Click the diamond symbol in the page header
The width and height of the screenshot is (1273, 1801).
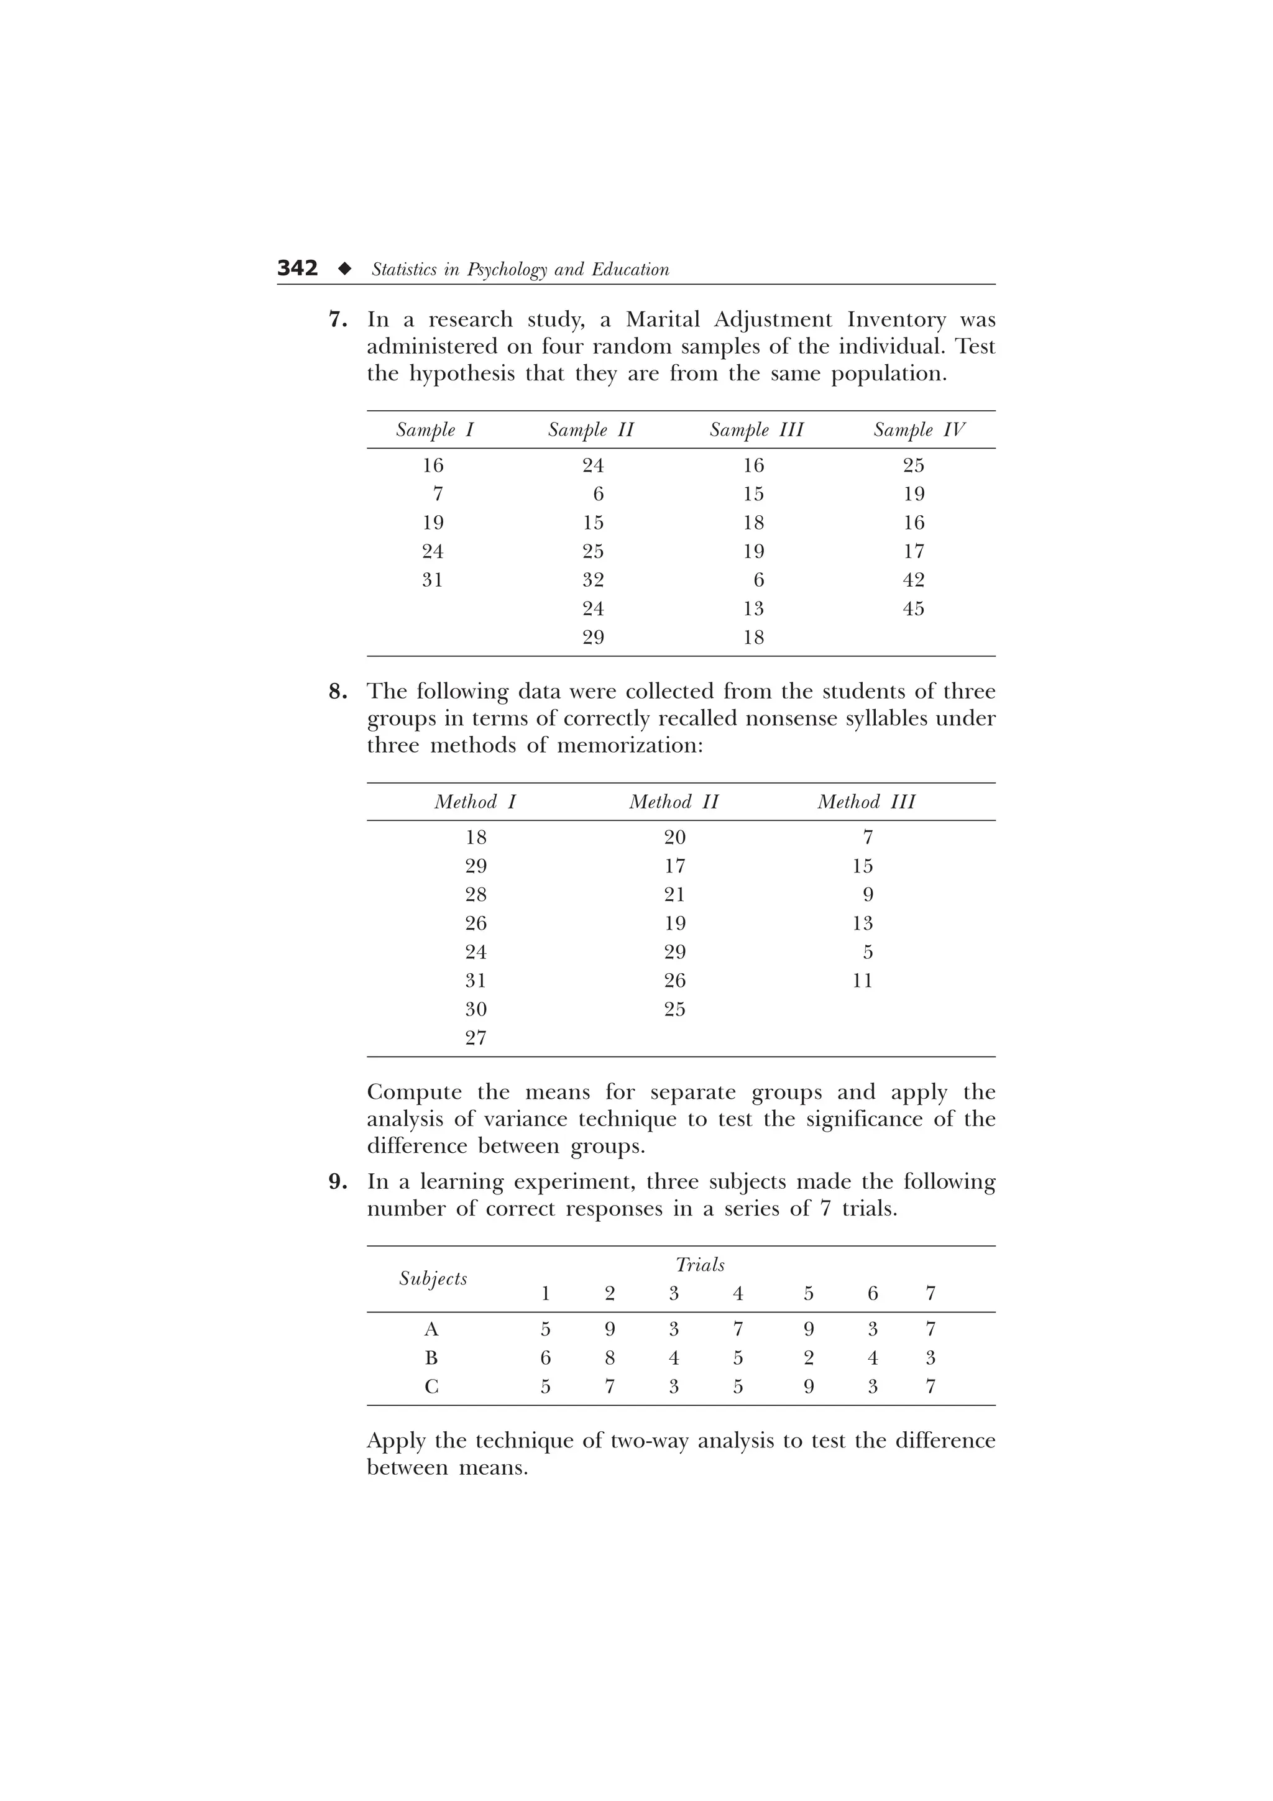click(x=344, y=269)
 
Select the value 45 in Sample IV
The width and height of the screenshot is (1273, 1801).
click(x=913, y=608)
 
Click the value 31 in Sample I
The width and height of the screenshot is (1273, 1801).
click(x=432, y=580)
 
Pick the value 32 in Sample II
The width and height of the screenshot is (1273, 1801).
click(x=593, y=580)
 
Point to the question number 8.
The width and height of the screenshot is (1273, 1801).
click(x=338, y=691)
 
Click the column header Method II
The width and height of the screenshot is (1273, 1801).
click(x=674, y=802)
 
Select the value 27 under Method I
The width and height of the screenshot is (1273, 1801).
click(x=476, y=1038)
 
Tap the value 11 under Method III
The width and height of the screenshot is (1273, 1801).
click(x=862, y=981)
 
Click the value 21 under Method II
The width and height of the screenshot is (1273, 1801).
click(x=674, y=895)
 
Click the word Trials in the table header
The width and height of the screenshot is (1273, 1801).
click(x=700, y=1265)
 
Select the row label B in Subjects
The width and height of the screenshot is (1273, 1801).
click(x=431, y=1359)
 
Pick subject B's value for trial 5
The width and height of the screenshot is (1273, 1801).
click(x=809, y=1359)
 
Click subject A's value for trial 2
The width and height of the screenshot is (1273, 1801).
click(x=609, y=1329)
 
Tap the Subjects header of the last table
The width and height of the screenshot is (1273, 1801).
click(x=433, y=1278)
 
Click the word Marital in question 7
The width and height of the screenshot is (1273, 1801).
click(x=662, y=320)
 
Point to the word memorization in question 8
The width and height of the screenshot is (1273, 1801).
click(x=629, y=745)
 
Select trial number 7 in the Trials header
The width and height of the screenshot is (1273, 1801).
click(x=931, y=1293)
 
